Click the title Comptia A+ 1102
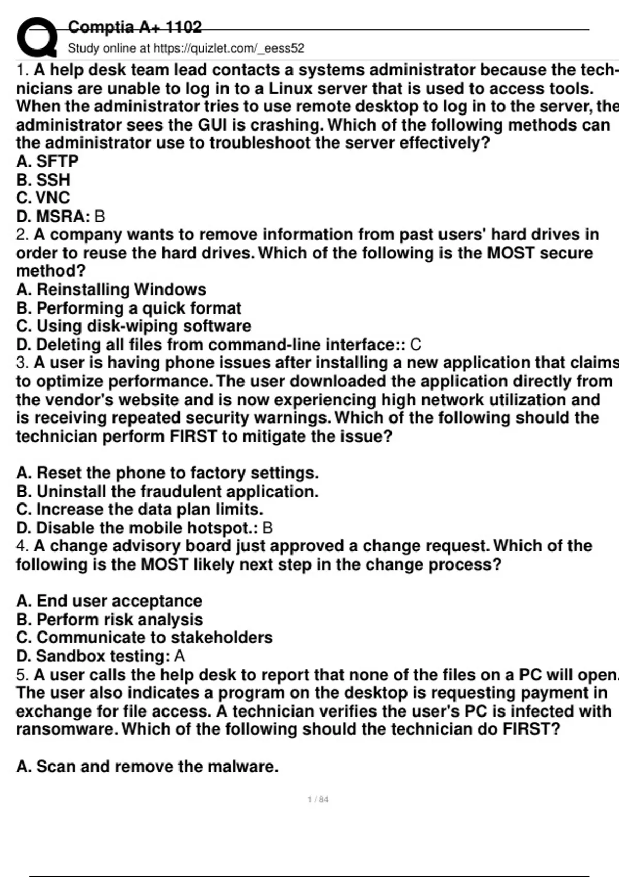coord(135,27)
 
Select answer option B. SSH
coord(43,180)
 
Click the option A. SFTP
coord(47,161)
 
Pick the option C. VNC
coord(43,198)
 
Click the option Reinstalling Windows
coord(111,289)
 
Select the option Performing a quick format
coord(129,308)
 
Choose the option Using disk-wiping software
coord(134,326)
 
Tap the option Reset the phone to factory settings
coord(168,473)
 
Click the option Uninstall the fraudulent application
coord(168,491)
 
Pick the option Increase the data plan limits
coord(140,509)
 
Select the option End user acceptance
coord(109,601)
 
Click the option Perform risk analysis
coord(110,620)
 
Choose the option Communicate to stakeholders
coord(144,638)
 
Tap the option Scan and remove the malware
coord(148,767)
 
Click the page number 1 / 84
coord(318,800)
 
